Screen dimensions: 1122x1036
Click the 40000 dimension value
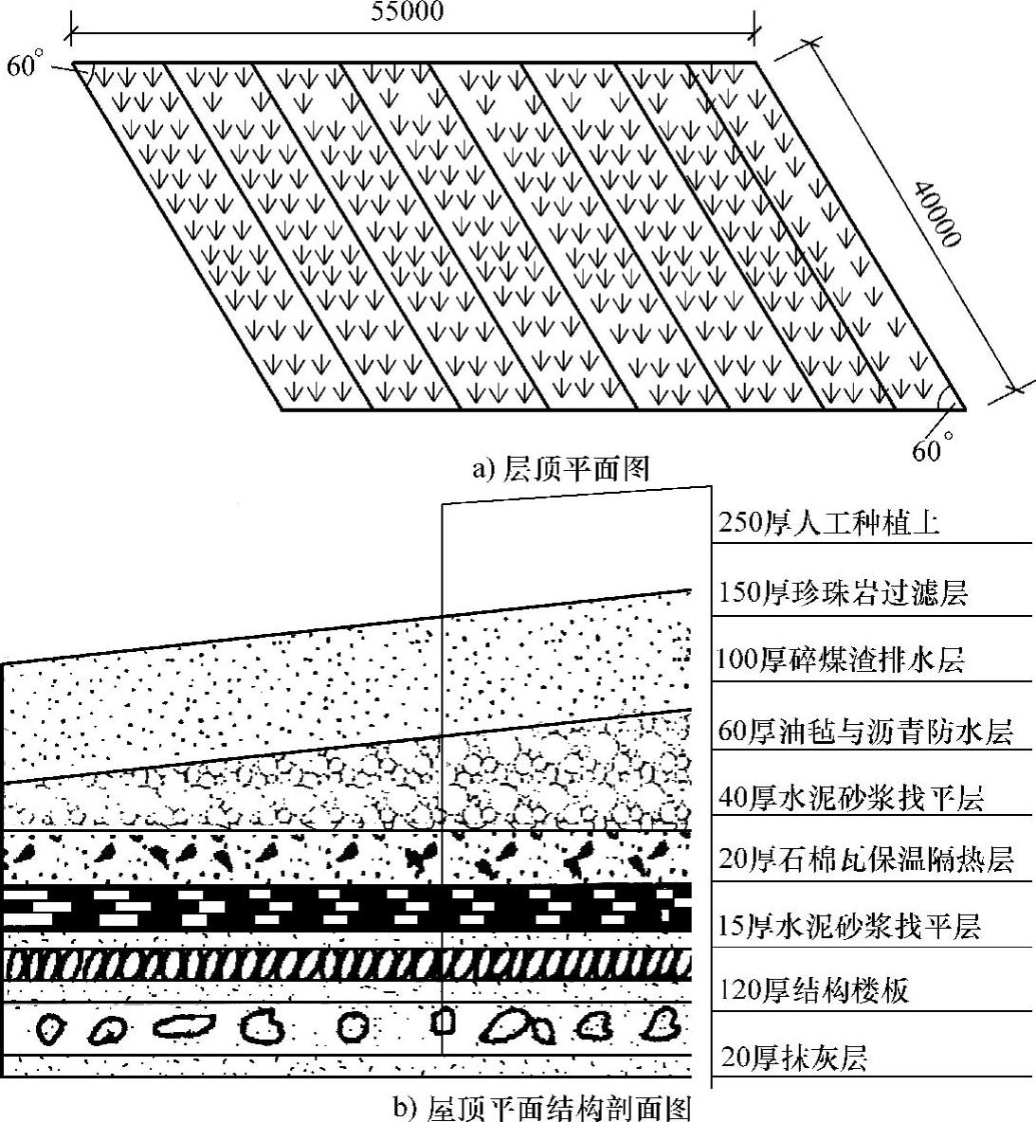(x=938, y=213)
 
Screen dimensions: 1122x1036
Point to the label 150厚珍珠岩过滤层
(x=843, y=594)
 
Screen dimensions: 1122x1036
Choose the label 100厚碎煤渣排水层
(x=841, y=659)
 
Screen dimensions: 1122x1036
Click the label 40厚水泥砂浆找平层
(x=851, y=797)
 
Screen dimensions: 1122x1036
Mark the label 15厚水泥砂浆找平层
(x=848, y=926)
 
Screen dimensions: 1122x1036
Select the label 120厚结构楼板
(x=814, y=990)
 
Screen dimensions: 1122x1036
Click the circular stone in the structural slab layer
(x=354, y=1026)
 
